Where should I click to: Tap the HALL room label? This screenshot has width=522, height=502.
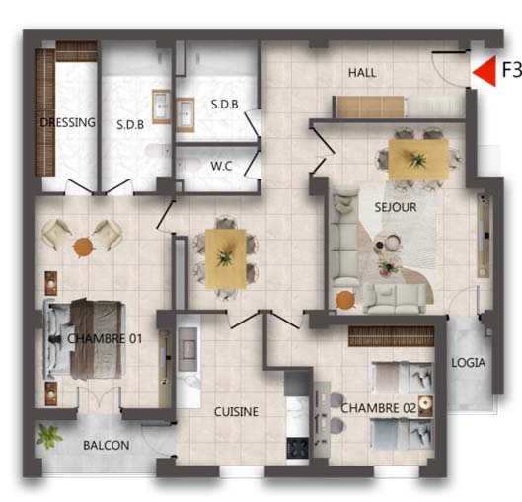click(362, 73)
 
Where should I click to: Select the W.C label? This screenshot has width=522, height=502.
click(221, 166)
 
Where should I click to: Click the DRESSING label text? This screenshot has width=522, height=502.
click(67, 122)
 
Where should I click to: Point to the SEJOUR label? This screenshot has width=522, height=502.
click(396, 207)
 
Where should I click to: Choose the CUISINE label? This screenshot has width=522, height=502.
click(236, 412)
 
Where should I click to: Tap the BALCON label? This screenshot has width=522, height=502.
click(107, 445)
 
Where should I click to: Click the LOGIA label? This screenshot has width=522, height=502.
click(468, 363)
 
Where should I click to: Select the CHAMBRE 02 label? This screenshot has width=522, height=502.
click(379, 408)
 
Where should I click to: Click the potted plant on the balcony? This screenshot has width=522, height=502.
click(49, 436)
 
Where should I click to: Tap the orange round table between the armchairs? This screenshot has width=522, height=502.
click(83, 248)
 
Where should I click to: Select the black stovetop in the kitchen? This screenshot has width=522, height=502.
click(298, 448)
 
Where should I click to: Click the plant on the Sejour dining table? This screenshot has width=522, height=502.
click(416, 159)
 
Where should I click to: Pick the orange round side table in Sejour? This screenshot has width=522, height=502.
click(345, 300)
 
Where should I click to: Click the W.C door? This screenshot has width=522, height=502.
click(252, 164)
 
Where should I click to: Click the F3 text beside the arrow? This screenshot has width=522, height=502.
click(511, 70)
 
